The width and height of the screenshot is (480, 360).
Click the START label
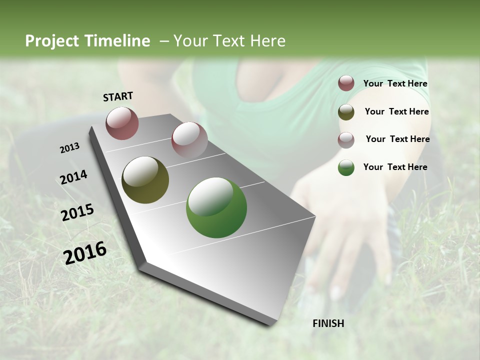(118, 96)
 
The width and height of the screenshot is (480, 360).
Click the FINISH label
(328, 323)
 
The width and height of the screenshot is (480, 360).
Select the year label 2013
(69, 148)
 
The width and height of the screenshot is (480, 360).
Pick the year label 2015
(77, 212)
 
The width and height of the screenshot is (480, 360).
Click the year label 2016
(85, 253)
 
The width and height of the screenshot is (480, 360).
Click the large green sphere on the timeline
(216, 207)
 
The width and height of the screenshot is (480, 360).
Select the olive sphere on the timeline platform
(145, 180)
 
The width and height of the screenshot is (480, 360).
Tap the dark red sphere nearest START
(122, 123)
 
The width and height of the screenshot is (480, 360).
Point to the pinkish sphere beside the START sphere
(189, 139)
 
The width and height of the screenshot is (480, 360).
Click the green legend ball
(346, 167)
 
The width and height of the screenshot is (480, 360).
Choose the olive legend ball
(346, 112)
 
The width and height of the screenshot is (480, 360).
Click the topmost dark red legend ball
(346, 83)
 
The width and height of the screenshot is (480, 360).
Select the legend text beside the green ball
(395, 167)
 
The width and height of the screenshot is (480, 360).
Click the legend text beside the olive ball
(396, 111)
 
